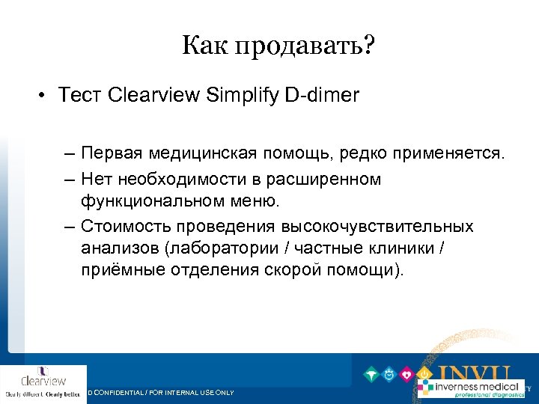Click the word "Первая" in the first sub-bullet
point(110,153)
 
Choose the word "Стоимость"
point(121,226)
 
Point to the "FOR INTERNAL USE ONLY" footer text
point(195,392)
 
